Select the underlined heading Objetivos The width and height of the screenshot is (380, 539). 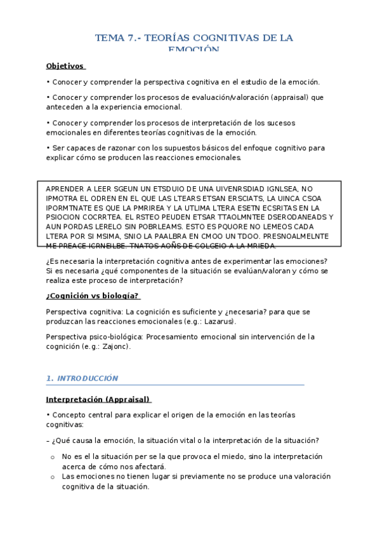(x=65, y=66)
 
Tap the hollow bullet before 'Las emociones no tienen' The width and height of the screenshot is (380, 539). (x=52, y=477)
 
